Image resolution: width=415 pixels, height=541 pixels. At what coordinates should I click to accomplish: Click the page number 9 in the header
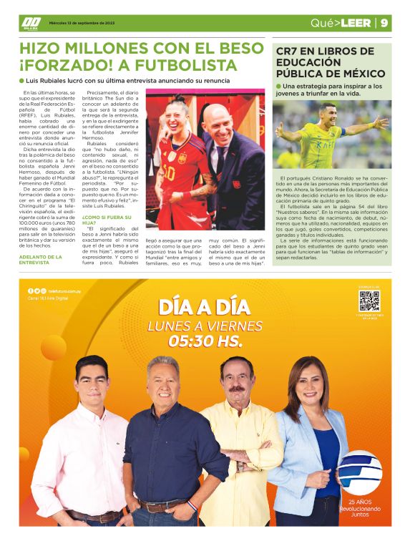(x=384, y=23)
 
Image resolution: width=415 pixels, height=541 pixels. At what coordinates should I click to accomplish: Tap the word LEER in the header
(x=356, y=23)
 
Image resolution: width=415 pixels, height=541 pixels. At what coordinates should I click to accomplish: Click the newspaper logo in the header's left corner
(x=30, y=23)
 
